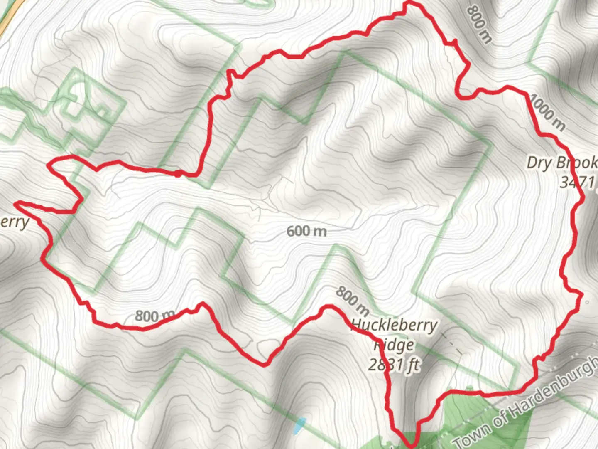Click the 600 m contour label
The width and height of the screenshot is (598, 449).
[306, 231]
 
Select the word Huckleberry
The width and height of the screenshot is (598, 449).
[394, 325]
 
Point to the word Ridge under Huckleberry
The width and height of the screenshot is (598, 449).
[394, 345]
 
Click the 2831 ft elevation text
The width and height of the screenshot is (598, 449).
[394, 365]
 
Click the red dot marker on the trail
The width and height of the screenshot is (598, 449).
[178, 173]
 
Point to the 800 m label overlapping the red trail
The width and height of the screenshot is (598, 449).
[154, 316]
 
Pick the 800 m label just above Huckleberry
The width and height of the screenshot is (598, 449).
[352, 300]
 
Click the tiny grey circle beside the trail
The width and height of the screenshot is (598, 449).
[587, 302]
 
